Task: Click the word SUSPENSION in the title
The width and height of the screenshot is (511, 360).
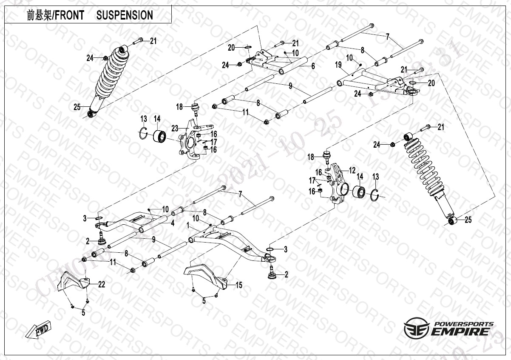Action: click(x=125, y=15)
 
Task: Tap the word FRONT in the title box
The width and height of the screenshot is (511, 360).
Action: click(x=72, y=15)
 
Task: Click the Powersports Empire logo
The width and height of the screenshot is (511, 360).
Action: click(x=449, y=328)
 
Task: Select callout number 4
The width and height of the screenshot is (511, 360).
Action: click(x=173, y=223)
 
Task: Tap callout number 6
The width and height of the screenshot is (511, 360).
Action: click(x=312, y=66)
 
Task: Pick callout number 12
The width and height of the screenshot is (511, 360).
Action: click(x=352, y=170)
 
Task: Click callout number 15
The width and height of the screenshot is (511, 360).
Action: click(x=239, y=286)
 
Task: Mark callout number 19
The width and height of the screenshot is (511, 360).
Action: click(x=338, y=65)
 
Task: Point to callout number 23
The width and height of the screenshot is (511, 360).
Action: click(x=174, y=127)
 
